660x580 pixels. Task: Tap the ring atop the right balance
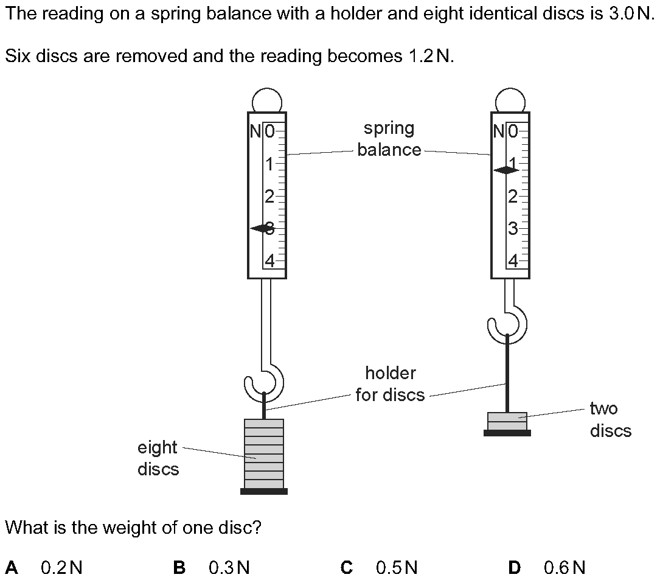point(510,100)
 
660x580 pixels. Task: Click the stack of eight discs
point(264,453)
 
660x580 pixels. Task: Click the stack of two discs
point(507,421)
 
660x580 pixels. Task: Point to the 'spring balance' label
point(389,139)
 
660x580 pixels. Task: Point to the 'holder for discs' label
point(390,383)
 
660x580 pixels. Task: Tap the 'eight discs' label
point(158,458)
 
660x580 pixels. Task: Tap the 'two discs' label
point(610,419)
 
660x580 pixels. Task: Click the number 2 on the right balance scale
point(513,196)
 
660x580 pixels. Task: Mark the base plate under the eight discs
point(264,491)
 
